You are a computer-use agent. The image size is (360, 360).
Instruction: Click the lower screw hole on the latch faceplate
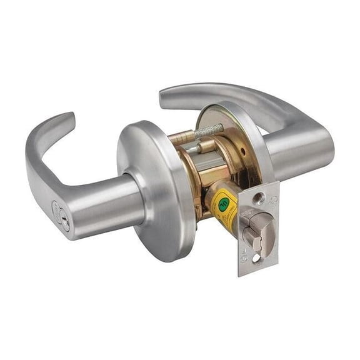(x=257, y=256)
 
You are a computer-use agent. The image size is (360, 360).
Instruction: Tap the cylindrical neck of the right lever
(x=293, y=150)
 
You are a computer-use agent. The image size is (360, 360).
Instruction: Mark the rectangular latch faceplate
(x=257, y=228)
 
